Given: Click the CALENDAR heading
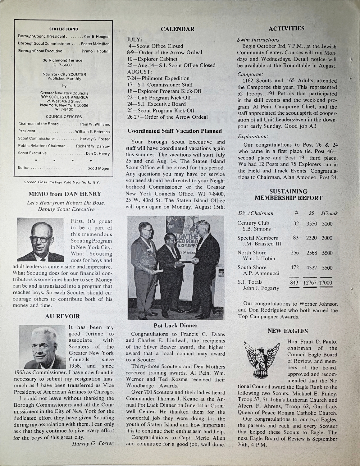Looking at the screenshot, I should point(177,29).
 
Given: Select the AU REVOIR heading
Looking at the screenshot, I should point(62,316).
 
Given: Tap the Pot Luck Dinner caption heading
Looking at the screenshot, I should point(175,326).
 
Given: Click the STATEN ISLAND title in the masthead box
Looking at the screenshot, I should point(63,29).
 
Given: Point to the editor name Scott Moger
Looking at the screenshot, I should point(99,168).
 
